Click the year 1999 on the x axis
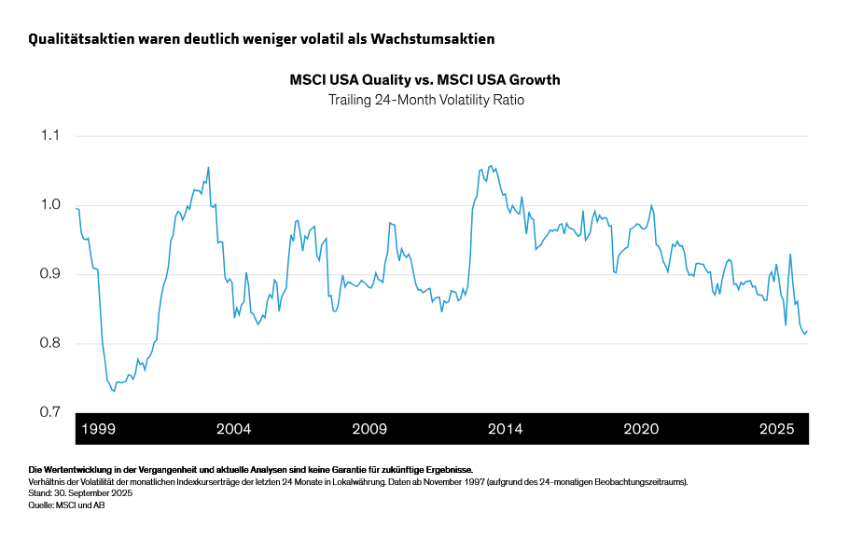tap(99, 429)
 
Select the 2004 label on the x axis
tap(233, 429)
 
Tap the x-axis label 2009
tap(369, 429)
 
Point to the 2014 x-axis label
tap(505, 429)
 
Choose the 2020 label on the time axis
tap(641, 429)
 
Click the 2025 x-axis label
tap(776, 429)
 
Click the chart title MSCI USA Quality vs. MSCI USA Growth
tap(424, 80)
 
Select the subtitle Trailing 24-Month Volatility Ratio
tap(424, 99)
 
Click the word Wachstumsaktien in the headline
tap(433, 39)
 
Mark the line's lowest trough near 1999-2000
tap(114, 391)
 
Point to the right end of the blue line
tap(808, 330)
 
